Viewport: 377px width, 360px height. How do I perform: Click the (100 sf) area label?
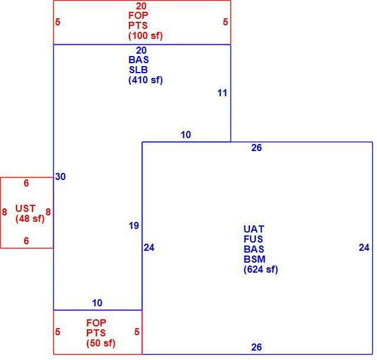click(145, 35)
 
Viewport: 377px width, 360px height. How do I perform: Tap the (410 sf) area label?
click(145, 80)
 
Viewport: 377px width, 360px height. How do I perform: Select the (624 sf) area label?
click(261, 269)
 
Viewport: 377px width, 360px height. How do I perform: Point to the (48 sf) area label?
click(30, 218)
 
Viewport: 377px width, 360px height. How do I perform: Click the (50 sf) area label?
click(100, 343)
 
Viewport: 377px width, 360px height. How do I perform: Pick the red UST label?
click(25, 208)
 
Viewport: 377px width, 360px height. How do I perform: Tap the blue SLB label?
click(138, 70)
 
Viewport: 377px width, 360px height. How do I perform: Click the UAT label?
click(253, 229)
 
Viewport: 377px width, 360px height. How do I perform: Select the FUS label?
click(253, 239)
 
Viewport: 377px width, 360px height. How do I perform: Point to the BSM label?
click(254, 259)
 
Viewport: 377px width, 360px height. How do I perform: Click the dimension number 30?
click(60, 176)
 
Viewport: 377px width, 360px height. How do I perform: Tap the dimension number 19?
click(134, 225)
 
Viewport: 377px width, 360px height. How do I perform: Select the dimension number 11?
click(222, 93)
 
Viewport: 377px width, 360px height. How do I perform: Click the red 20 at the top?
click(141, 6)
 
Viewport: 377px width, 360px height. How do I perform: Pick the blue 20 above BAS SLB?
click(141, 50)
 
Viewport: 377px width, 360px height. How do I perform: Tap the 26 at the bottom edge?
click(256, 347)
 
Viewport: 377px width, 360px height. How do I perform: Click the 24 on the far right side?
click(364, 247)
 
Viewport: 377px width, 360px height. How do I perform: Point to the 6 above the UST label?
click(26, 183)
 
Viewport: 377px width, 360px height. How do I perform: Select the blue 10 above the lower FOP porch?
click(97, 303)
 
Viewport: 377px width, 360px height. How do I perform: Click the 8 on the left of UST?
click(4, 212)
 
